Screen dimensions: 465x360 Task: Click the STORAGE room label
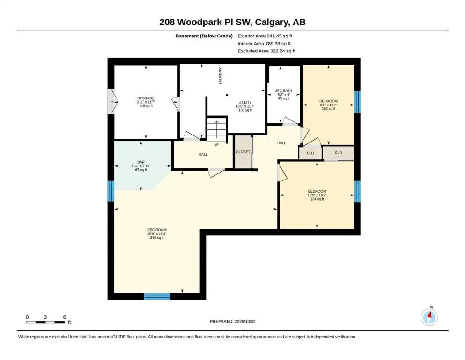146,98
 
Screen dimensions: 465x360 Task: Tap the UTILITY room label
245,102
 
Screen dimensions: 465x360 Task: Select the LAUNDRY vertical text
221,76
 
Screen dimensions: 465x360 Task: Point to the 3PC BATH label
283,90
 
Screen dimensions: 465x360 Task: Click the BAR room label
141,162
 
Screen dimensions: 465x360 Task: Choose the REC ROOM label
157,230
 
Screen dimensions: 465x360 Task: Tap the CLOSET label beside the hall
243,152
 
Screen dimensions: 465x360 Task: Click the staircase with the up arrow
216,129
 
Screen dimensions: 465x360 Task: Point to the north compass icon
429,317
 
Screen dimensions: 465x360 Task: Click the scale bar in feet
45,322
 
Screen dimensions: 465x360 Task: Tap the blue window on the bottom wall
157,296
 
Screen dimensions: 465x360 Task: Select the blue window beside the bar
111,191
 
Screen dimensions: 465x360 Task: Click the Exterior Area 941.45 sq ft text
265,36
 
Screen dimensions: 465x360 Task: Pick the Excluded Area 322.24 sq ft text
266,51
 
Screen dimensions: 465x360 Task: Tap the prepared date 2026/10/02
245,321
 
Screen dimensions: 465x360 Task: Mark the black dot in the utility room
227,95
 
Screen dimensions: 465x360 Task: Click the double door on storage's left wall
112,102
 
